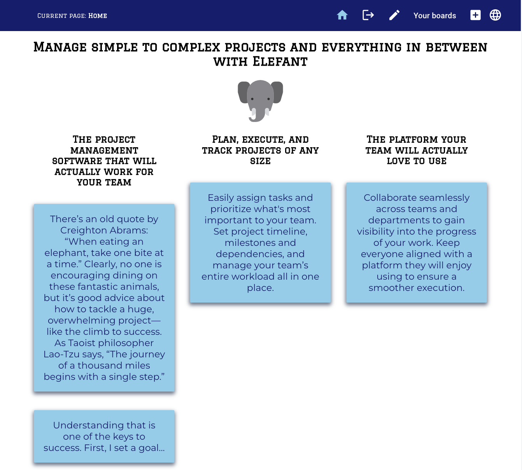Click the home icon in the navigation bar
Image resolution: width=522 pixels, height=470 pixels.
pyautogui.click(x=342, y=16)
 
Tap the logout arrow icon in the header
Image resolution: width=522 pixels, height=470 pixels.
pyautogui.click(x=368, y=16)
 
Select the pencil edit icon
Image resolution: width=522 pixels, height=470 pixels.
pyautogui.click(x=394, y=16)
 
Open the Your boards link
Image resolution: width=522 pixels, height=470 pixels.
pyautogui.click(x=434, y=16)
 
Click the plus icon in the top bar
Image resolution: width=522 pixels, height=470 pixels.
pyautogui.click(x=475, y=15)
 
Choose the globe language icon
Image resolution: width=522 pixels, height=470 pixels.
pyautogui.click(x=495, y=15)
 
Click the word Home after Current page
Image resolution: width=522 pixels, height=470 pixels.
pyautogui.click(x=98, y=16)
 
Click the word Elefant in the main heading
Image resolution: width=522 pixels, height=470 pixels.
pyautogui.click(x=280, y=62)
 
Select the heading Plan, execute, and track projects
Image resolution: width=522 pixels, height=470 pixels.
pyautogui.click(x=260, y=150)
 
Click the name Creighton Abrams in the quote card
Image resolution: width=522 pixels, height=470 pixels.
pyautogui.click(x=104, y=230)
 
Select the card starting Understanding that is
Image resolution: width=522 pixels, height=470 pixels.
pyautogui.click(x=104, y=437)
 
